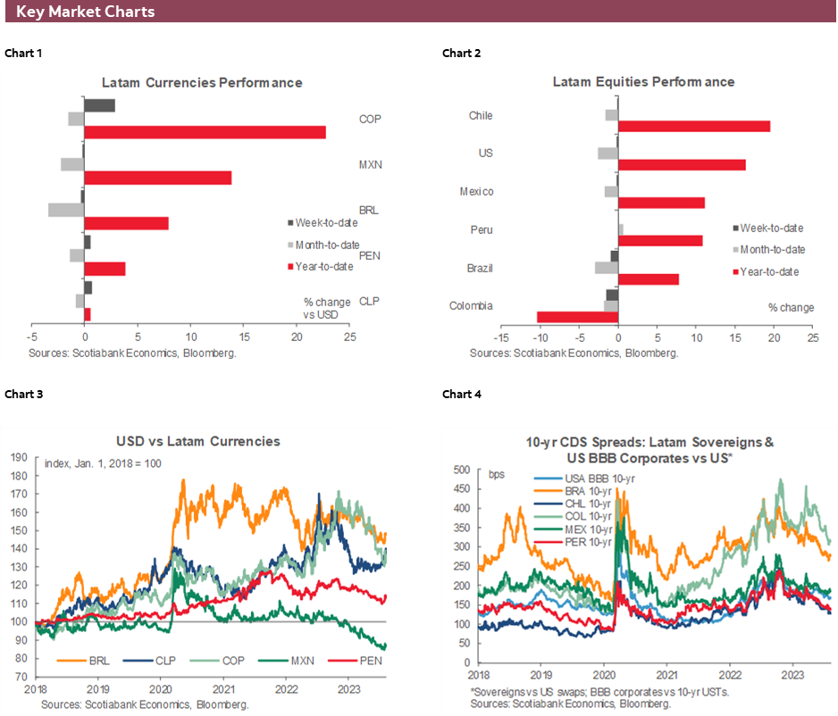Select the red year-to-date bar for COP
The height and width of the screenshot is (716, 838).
205,132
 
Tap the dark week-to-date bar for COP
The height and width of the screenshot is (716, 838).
99,106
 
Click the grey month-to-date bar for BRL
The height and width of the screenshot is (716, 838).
66,210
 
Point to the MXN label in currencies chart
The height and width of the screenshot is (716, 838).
370,164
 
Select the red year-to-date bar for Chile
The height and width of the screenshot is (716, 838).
694,126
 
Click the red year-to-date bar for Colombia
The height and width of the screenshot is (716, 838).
577,317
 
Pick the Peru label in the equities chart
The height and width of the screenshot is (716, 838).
482,229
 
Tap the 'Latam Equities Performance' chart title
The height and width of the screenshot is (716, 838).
643,82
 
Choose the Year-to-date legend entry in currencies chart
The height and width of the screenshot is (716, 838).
327,266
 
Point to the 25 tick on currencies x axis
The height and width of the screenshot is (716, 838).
349,338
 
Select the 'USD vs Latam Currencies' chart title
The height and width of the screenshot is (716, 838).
197,441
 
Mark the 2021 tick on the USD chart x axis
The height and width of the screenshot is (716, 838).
223,690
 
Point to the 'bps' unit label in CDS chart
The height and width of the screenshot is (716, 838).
498,474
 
